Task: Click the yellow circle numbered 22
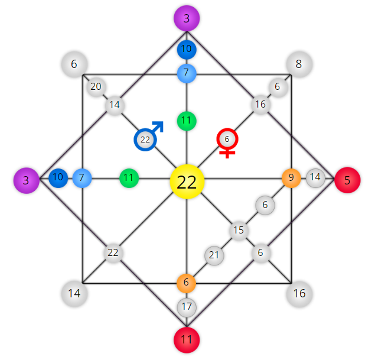point(187,181)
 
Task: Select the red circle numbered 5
point(347,180)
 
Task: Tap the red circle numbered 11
point(187,340)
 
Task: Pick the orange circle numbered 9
point(291,178)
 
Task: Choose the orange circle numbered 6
point(186,283)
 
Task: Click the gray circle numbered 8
point(299,64)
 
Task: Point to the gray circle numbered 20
point(96,87)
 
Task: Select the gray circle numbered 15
point(239,231)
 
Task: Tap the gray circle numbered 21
point(214,255)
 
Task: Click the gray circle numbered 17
point(187,307)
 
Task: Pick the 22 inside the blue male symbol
point(145,140)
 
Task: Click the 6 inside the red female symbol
point(227,139)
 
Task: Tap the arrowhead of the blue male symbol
point(159,126)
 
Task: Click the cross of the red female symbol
point(227,154)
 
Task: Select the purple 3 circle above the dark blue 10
point(187,18)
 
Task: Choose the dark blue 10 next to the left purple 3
point(58,177)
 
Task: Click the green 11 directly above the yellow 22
point(187,121)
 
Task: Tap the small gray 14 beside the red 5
point(315,177)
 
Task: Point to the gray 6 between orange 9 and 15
point(265,205)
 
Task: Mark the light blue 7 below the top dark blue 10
point(187,73)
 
